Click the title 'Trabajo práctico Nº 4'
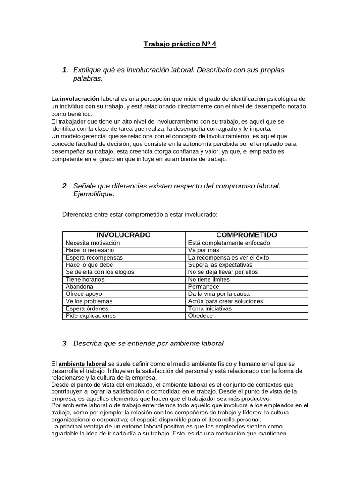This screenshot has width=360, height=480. tap(180, 45)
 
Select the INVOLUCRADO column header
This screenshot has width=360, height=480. tap(123, 235)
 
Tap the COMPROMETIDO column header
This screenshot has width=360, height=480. tap(246, 235)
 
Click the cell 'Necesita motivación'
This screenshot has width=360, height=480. tap(93, 243)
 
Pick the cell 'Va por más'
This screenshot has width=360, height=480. tap(204, 250)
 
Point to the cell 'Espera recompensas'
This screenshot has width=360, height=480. tap(94, 258)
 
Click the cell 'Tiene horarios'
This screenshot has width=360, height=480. tap(85, 279)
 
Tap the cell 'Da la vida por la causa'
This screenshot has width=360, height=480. tap(218, 294)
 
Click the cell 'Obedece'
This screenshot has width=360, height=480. tap(200, 315)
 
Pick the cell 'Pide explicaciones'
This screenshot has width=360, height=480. tap(91, 315)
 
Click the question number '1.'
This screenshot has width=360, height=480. tap(65, 70)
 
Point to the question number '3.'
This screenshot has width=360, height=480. tap(65, 343)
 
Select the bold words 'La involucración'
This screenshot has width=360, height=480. tap(75, 99)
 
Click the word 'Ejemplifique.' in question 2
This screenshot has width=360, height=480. tap(94, 194)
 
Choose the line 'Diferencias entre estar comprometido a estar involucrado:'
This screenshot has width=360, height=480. tap(140, 214)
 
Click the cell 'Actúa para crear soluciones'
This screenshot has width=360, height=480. tap(225, 301)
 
